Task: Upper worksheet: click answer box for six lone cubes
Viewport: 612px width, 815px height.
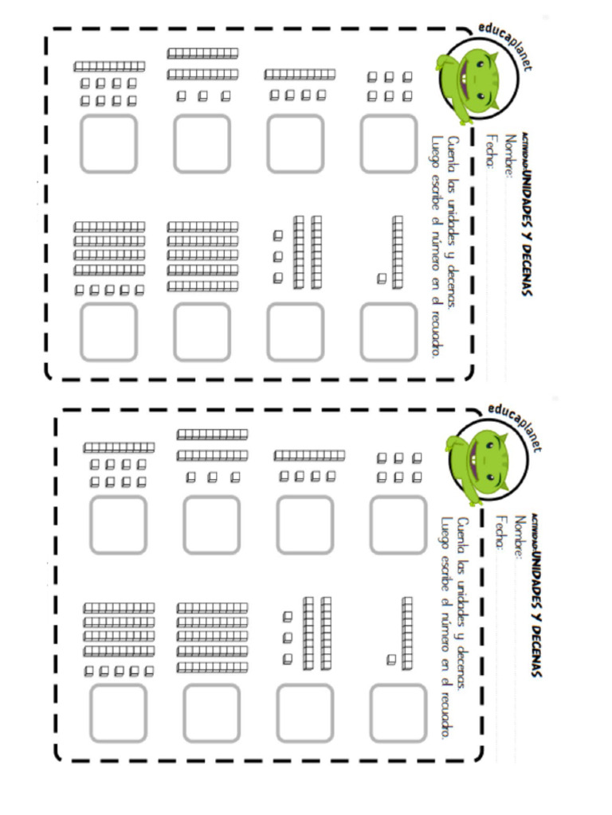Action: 388,143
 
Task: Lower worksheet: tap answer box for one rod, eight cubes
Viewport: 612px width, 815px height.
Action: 118,524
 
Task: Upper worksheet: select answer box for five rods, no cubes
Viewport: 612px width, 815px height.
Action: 202,331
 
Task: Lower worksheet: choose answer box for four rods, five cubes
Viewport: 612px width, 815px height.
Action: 118,712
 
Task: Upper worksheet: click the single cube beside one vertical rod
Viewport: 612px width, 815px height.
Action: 382,278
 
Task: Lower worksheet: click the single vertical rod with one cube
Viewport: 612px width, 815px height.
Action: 407,632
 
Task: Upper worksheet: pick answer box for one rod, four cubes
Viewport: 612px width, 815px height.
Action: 295,143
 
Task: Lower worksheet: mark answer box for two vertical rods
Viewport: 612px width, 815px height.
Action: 304,712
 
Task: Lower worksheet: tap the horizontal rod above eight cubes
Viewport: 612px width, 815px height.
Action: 119,448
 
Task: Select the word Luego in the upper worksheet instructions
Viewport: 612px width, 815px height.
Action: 434,151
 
